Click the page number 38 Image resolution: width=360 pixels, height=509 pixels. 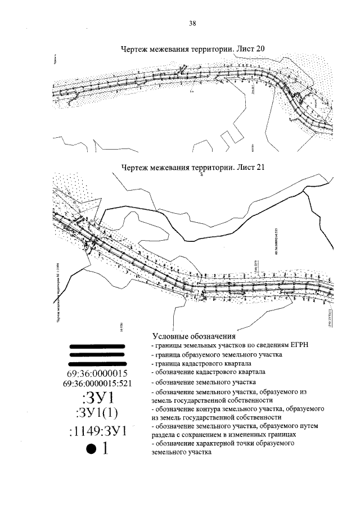(192, 24)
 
